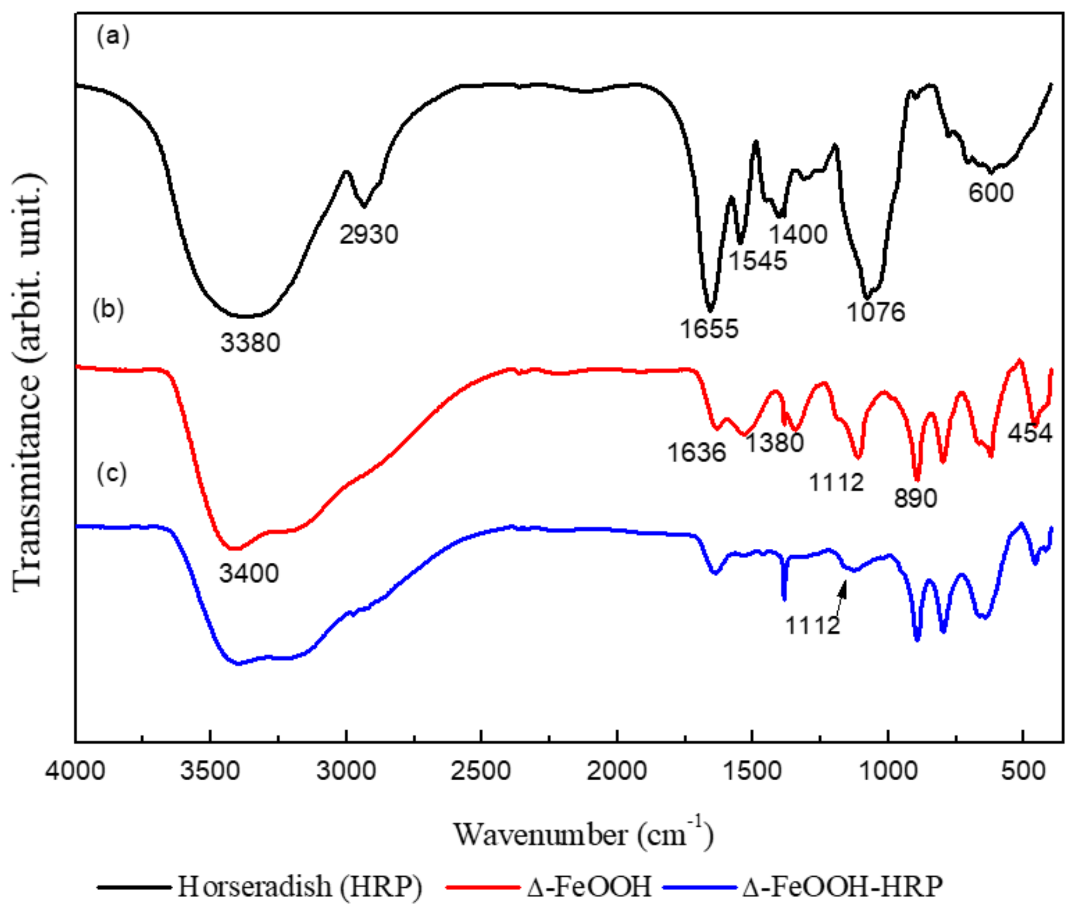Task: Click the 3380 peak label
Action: pos(250,342)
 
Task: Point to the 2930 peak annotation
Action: pos(369,235)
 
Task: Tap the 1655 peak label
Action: pos(709,329)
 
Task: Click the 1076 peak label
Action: pos(876,312)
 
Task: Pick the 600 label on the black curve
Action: pos(991,193)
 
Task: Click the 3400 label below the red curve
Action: pos(249,573)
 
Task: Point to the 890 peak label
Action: pos(916,498)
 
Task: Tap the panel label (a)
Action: pos(113,37)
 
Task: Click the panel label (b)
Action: pos(108,311)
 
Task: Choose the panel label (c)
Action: pos(112,474)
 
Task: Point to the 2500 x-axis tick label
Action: pos(481,772)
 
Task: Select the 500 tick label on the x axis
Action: pos(1023,772)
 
